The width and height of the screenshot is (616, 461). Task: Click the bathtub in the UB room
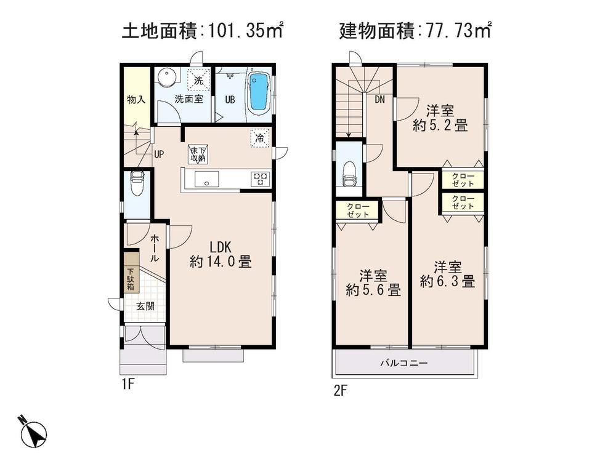point(259,92)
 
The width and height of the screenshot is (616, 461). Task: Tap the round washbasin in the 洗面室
point(165,78)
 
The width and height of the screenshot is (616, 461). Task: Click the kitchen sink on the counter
point(205,178)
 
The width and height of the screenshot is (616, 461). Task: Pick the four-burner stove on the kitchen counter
point(260,178)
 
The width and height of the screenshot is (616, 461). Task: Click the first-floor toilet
point(137,183)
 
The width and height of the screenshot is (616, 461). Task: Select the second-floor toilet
point(349,172)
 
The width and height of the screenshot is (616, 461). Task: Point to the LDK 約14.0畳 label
point(221,254)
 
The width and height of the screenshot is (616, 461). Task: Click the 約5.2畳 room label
point(440,118)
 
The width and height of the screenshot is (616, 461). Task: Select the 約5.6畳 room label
point(373,283)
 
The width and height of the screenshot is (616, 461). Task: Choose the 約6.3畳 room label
point(447,275)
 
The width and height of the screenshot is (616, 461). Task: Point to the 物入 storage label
point(136,99)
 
